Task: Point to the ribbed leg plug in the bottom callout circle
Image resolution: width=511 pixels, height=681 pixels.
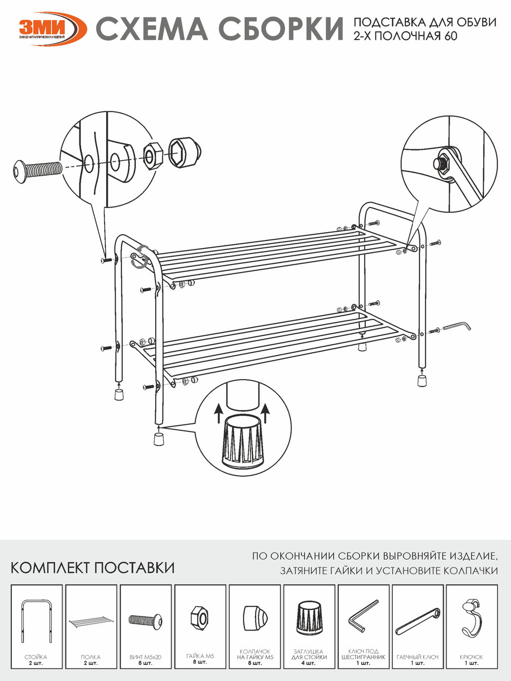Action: point(243,441)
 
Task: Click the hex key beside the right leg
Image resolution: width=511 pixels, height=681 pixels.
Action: point(457,326)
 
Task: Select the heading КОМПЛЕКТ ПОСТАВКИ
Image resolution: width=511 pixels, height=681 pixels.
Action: point(92,568)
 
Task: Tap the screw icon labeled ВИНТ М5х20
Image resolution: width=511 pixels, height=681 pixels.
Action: point(145,620)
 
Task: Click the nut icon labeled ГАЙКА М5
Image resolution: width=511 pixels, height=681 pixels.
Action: point(200,618)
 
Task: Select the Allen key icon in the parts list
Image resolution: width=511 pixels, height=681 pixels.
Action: point(363,616)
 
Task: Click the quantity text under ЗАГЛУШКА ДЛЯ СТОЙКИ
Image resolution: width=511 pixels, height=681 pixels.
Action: point(309,663)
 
